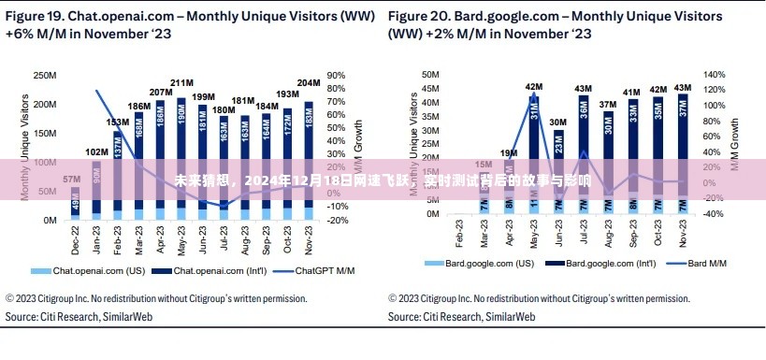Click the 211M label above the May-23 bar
pyautogui.click(x=181, y=82)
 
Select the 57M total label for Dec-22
pyautogui.click(x=71, y=179)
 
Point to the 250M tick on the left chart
pyautogui.click(x=45, y=74)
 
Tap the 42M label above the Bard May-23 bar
pyautogui.click(x=533, y=86)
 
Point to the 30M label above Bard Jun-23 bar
pyautogui.click(x=557, y=122)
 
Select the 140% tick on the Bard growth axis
pyautogui.click(x=714, y=74)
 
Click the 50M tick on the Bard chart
pyautogui.click(x=430, y=74)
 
